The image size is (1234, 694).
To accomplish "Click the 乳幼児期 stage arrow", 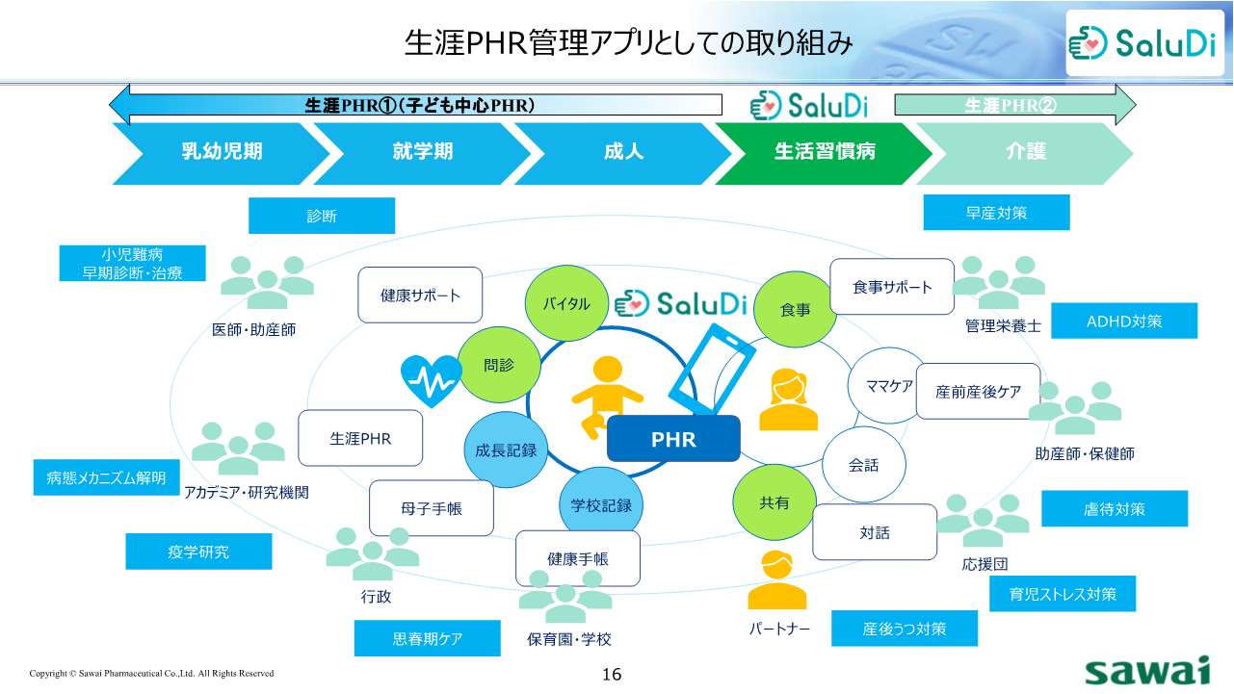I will point(222,152).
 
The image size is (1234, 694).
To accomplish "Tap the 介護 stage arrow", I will point(1025,152).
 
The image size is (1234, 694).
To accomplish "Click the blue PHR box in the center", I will point(673,439).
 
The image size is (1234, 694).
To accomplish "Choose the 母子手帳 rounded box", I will point(432,507).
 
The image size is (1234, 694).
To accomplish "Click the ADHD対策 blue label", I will point(1123,321).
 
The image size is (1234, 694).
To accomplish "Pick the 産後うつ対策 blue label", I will point(905,629).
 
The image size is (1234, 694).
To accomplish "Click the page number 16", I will point(612,674).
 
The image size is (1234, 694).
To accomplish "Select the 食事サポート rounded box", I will point(892,287).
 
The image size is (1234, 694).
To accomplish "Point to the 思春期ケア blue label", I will point(428,638).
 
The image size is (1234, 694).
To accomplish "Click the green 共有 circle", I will point(775,503).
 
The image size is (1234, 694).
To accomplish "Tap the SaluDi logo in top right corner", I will point(1143,42).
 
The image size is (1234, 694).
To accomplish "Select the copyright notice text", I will point(151,674).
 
